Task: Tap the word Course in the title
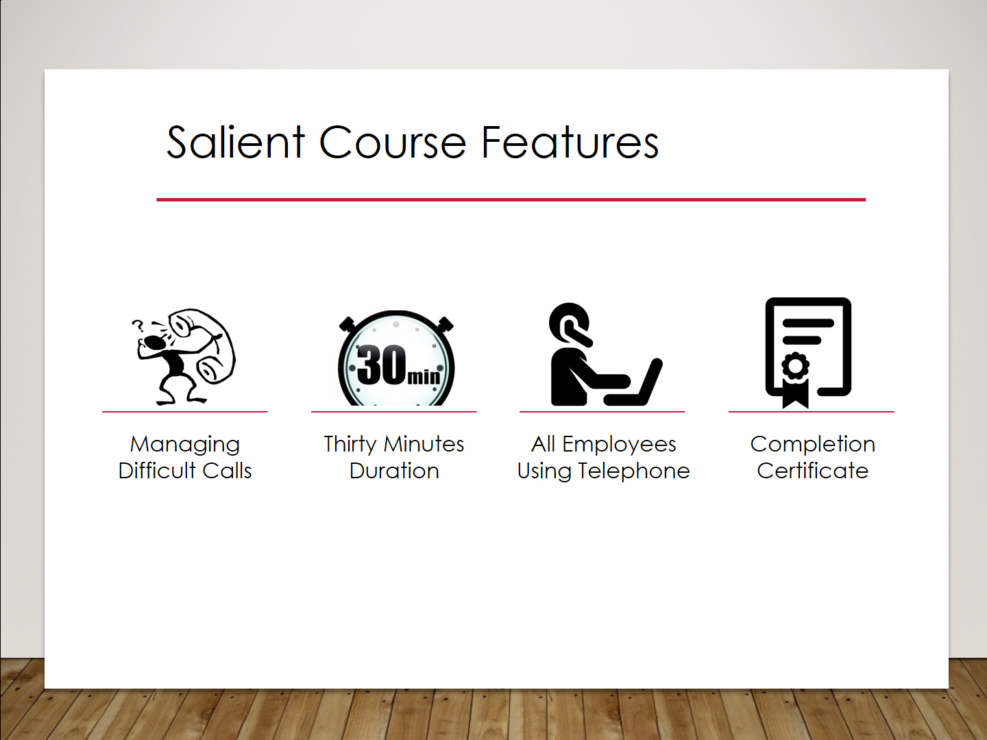coord(393,143)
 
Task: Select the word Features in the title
coord(570,142)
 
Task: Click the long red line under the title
coord(511,199)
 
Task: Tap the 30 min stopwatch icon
coord(396,358)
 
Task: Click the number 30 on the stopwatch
coord(381,365)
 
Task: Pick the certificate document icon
coord(808,353)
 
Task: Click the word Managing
coord(185,445)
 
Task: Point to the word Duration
coord(394,471)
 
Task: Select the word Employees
coord(619,445)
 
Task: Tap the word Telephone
coord(633,471)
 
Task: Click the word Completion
coord(812,445)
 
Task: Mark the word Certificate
coord(812,471)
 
